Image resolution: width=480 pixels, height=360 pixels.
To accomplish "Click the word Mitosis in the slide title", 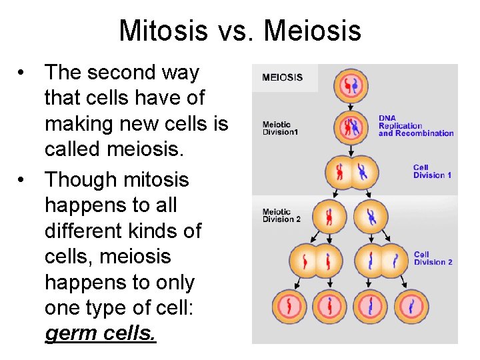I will (163, 31).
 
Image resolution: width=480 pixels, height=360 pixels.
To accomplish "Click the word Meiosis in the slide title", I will (313, 31).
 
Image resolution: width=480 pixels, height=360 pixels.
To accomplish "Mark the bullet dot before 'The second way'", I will (23, 73).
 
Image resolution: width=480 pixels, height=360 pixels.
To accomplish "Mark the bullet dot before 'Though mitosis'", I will (23, 180).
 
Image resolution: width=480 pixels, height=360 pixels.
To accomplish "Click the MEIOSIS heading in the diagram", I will (282, 77).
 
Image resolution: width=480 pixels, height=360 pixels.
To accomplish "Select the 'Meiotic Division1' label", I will (281, 128).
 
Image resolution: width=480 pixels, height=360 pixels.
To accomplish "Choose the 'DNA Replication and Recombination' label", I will (415, 126).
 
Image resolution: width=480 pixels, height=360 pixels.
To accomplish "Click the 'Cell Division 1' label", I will (432, 171).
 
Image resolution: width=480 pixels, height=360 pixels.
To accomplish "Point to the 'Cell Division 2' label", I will (433, 258).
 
